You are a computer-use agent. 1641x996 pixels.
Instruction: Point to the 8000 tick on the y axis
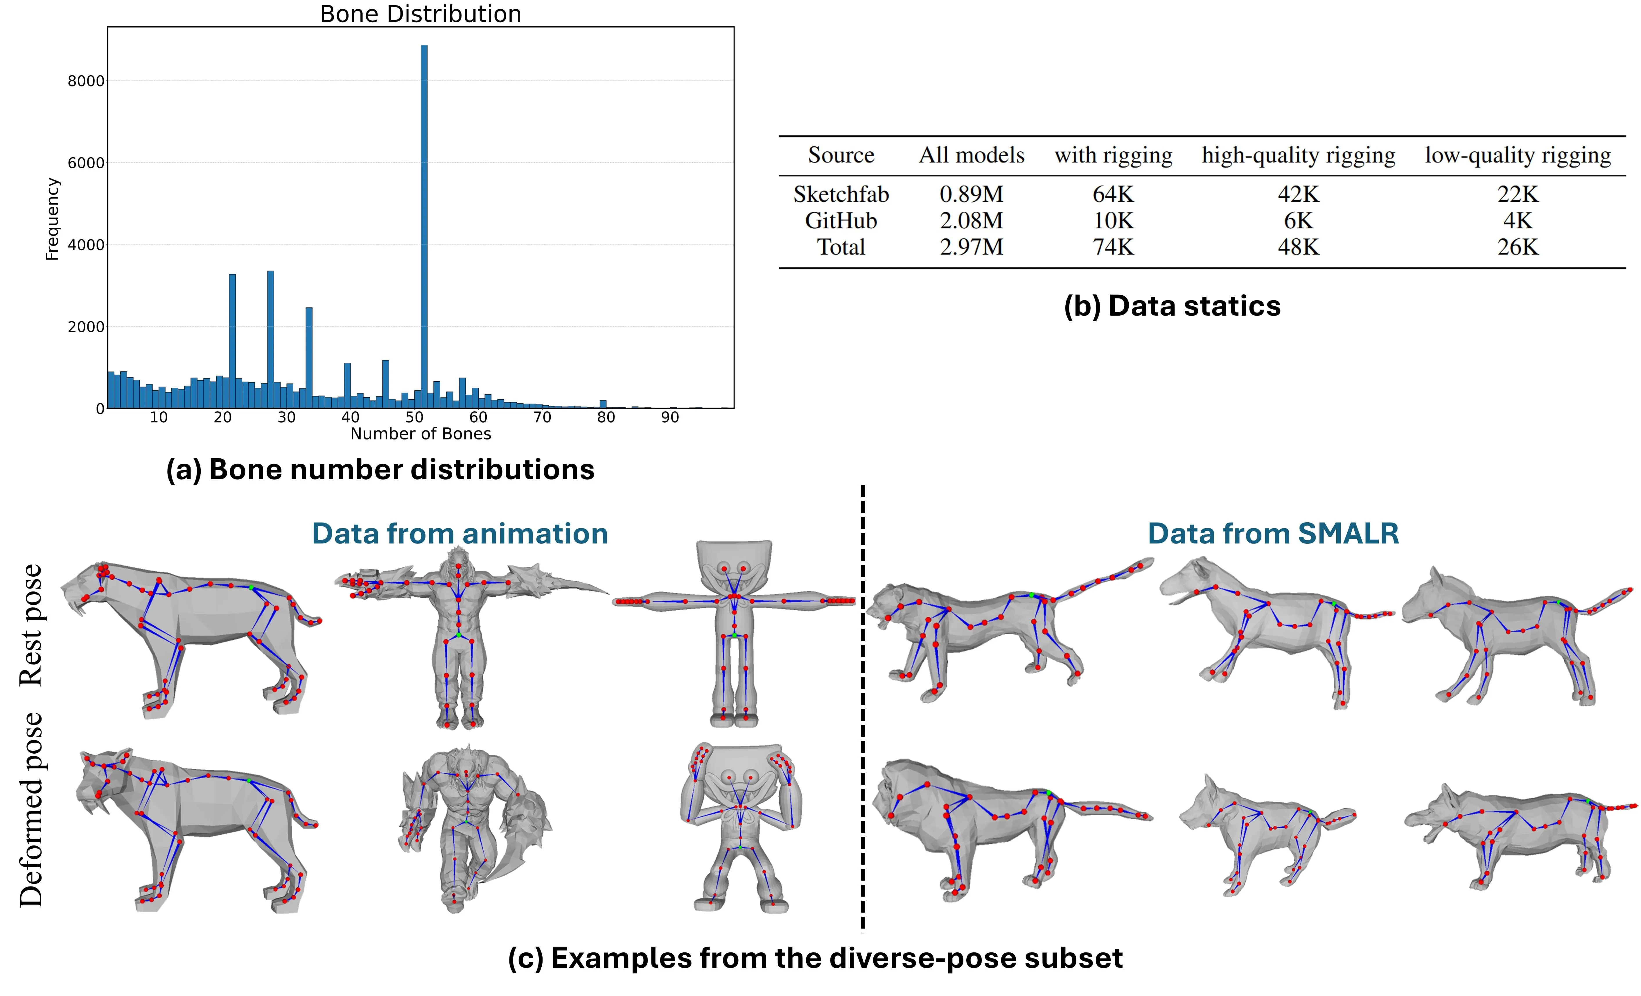[x=86, y=81]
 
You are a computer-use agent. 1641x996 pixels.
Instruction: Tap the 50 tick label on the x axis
[x=414, y=418]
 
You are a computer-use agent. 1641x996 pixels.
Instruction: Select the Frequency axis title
[x=52, y=219]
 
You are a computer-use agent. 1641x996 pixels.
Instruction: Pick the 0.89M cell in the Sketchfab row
[x=971, y=194]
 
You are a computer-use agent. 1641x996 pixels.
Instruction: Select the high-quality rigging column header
[x=1298, y=155]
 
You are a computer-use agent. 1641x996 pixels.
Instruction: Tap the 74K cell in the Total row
[x=1113, y=247]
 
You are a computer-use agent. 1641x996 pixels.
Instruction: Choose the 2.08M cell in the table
[x=971, y=221]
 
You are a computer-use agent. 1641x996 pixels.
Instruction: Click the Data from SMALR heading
[x=1273, y=534]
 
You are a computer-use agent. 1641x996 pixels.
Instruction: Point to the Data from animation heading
[x=459, y=534]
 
